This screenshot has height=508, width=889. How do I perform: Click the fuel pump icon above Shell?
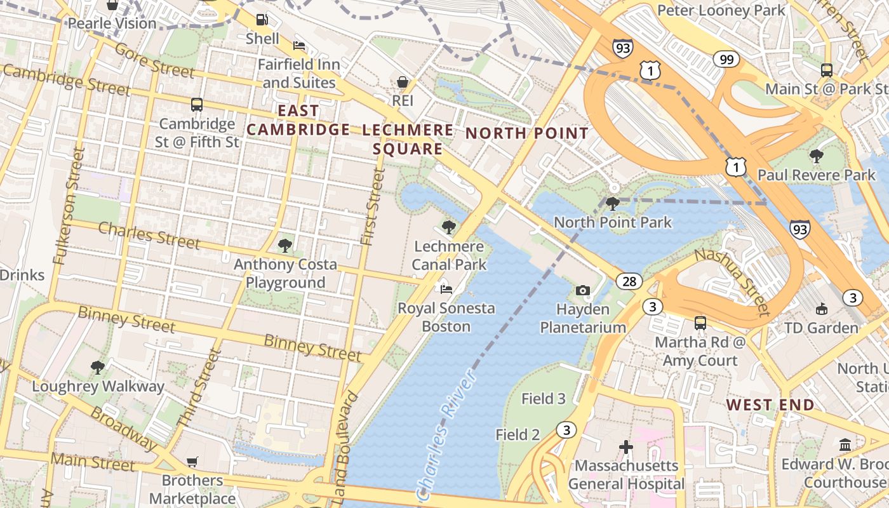click(x=262, y=20)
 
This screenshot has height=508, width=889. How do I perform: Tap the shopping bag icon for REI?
click(x=403, y=82)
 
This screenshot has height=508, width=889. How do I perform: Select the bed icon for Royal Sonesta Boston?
click(x=446, y=290)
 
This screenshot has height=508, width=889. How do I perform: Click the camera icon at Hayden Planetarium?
click(x=582, y=290)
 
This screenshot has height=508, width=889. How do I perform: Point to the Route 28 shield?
click(x=629, y=281)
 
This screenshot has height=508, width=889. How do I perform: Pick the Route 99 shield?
click(x=726, y=60)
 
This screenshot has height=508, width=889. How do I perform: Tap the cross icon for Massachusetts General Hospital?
click(x=626, y=447)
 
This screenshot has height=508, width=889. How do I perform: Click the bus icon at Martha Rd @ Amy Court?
click(x=700, y=323)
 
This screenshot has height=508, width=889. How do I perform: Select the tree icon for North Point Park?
click(x=613, y=204)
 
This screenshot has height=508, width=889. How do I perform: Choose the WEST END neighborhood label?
click(x=770, y=405)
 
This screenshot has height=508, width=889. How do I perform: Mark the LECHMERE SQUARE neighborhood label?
click(x=408, y=140)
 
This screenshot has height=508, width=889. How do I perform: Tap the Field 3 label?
click(x=543, y=399)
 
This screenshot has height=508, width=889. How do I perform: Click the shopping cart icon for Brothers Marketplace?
click(x=192, y=462)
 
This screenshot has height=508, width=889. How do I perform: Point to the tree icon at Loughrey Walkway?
click(x=98, y=367)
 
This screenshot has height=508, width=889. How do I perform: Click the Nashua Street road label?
click(x=732, y=282)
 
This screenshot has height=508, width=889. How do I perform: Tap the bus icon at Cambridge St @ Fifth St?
click(x=197, y=105)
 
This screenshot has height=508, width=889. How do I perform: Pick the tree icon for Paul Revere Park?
click(x=817, y=156)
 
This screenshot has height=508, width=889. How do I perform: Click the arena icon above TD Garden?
click(x=821, y=309)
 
